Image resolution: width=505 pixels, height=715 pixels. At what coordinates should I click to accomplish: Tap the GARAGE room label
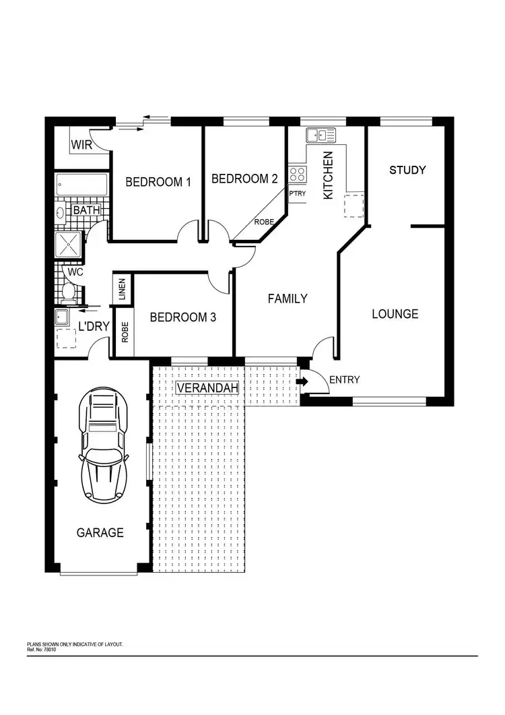[100, 532]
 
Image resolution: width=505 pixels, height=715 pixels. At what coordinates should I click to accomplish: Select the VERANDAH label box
[207, 387]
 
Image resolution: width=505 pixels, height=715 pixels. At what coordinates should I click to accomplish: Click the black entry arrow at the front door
[302, 381]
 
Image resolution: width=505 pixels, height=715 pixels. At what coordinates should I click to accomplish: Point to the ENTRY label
[344, 380]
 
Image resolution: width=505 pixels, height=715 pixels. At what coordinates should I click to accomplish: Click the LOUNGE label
[395, 314]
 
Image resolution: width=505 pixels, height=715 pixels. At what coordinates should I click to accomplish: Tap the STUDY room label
[407, 170]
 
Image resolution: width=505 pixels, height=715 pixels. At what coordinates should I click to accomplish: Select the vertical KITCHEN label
[329, 175]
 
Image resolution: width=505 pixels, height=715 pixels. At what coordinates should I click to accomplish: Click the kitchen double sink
[321, 135]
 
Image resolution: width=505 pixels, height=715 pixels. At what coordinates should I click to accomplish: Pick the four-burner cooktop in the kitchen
[297, 175]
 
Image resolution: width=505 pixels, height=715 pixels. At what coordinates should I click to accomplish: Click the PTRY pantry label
[297, 194]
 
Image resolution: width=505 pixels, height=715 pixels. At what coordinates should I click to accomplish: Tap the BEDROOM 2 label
[244, 179]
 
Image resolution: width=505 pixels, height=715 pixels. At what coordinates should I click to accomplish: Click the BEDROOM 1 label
[158, 182]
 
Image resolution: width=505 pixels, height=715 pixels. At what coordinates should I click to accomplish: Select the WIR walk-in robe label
[81, 145]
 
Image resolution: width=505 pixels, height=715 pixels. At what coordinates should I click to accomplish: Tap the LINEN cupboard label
[122, 290]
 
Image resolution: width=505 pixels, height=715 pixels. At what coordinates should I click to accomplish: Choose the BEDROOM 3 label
[182, 317]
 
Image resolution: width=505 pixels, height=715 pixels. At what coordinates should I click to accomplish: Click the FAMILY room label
[288, 299]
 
